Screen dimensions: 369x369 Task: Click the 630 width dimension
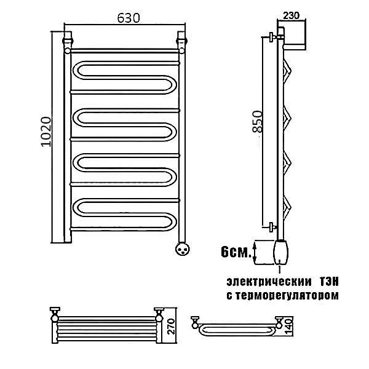pyautogui.click(x=129, y=18)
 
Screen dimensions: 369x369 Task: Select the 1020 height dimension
pyautogui.click(x=46, y=132)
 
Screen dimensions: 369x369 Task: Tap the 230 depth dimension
pyautogui.click(x=291, y=16)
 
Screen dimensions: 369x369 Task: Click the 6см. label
pyautogui.click(x=236, y=252)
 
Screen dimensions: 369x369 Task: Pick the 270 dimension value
pyautogui.click(x=172, y=327)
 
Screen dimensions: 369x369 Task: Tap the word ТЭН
pyautogui.click(x=329, y=282)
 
